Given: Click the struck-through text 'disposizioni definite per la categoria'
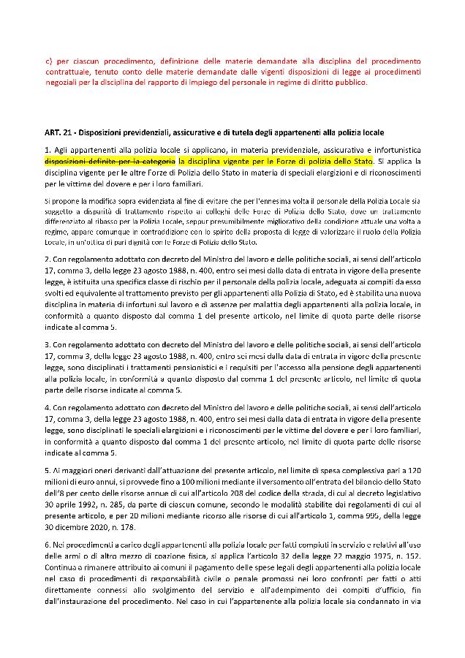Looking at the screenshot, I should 110,159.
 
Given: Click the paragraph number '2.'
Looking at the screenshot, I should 48,259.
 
